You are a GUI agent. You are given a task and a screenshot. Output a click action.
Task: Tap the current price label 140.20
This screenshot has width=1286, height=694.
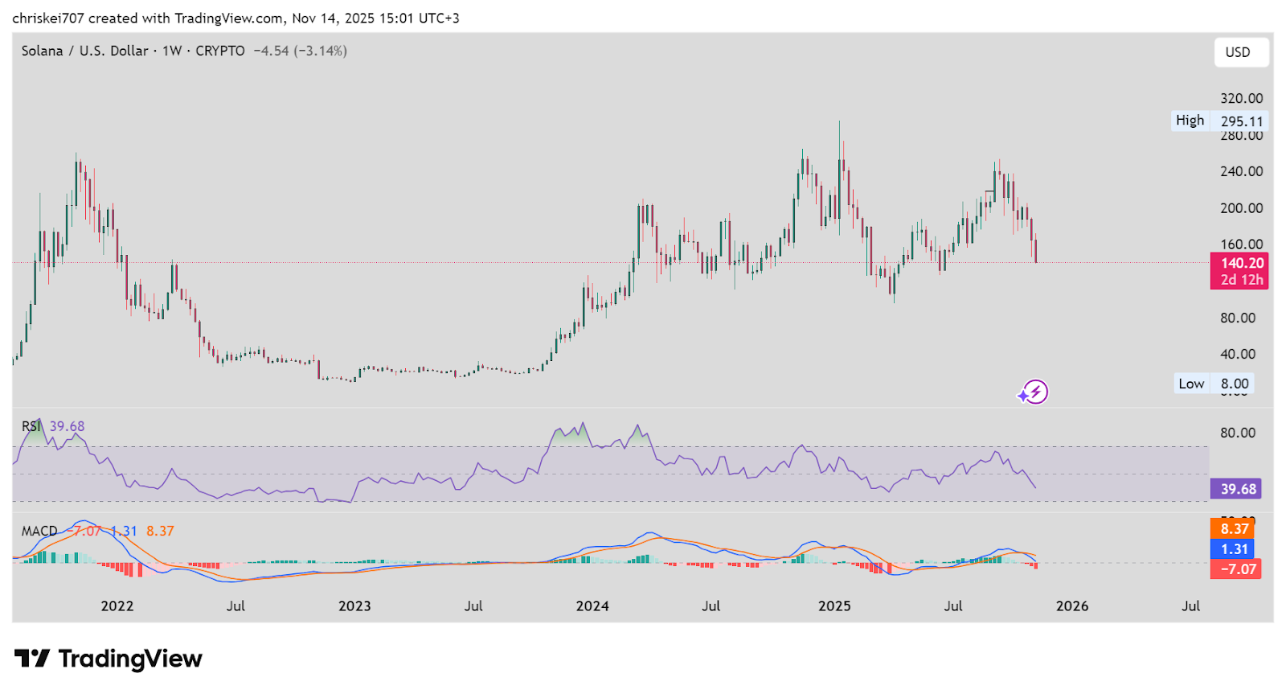click(1242, 263)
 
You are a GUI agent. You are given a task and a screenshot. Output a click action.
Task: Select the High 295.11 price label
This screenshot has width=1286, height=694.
click(1219, 121)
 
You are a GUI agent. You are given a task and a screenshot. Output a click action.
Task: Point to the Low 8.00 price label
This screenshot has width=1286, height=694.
click(1213, 384)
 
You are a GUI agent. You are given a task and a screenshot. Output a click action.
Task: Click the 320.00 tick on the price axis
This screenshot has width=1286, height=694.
click(1241, 98)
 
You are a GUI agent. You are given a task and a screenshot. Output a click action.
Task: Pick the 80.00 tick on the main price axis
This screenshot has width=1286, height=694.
click(1237, 318)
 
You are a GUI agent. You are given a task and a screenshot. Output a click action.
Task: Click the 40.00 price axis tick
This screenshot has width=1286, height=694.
click(1237, 354)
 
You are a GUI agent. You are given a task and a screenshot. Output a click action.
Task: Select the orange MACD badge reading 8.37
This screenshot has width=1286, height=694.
click(1235, 528)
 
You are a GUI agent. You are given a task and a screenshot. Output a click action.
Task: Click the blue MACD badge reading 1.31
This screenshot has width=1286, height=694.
click(1235, 549)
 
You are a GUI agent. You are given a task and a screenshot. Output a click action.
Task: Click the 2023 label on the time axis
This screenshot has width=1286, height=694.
click(354, 606)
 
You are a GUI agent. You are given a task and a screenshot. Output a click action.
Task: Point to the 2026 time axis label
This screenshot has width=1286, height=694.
click(1071, 606)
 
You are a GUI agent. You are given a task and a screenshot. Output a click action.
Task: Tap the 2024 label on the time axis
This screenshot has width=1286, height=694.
click(592, 606)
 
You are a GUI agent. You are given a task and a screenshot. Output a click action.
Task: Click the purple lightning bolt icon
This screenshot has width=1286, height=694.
click(1034, 392)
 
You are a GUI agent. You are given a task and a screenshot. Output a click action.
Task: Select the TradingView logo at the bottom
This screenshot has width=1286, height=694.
click(109, 659)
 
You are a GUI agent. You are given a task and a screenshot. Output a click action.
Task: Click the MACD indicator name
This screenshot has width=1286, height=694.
click(39, 531)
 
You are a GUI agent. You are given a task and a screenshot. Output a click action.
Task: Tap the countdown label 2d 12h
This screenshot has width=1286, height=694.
click(1242, 280)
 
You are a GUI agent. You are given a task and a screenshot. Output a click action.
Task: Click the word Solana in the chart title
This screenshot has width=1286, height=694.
click(42, 51)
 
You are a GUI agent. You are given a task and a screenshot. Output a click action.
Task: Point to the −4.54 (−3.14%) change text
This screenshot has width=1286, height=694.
click(301, 51)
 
